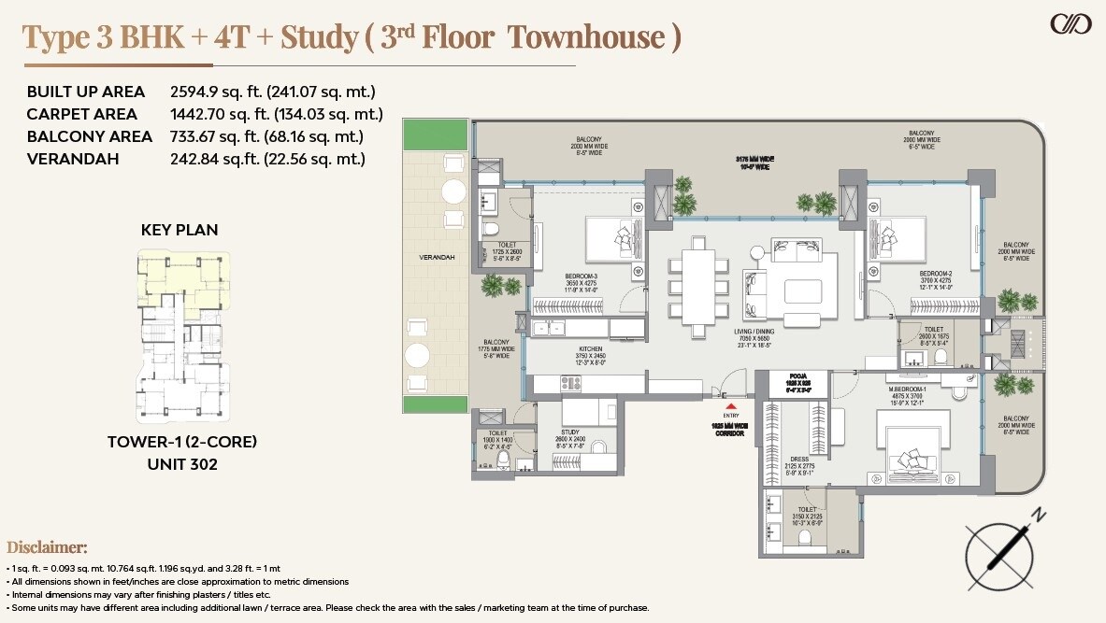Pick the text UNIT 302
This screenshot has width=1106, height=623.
[181, 463]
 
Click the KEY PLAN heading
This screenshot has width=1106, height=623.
[180, 230]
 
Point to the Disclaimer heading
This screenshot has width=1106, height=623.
[47, 547]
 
